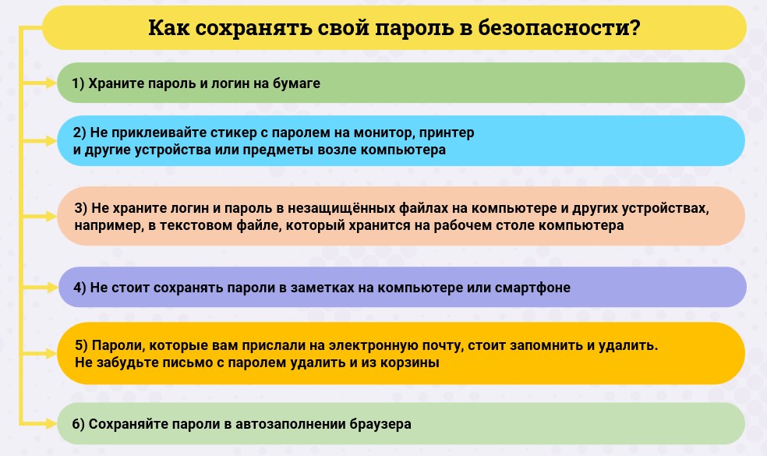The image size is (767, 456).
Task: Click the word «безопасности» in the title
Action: pyautogui.click(x=553, y=27)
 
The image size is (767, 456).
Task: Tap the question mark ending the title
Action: pyautogui.click(x=635, y=27)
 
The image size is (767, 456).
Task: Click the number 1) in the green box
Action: pyautogui.click(x=78, y=83)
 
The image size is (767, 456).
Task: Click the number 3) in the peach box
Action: pyautogui.click(x=81, y=208)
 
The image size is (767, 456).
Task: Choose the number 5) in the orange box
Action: pyautogui.click(x=81, y=345)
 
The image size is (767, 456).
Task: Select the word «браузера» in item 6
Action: pyautogui.click(x=380, y=424)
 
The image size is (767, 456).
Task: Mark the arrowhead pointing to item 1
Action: pyautogui.click(x=51, y=83)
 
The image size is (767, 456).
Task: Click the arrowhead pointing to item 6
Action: pyautogui.click(x=51, y=424)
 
